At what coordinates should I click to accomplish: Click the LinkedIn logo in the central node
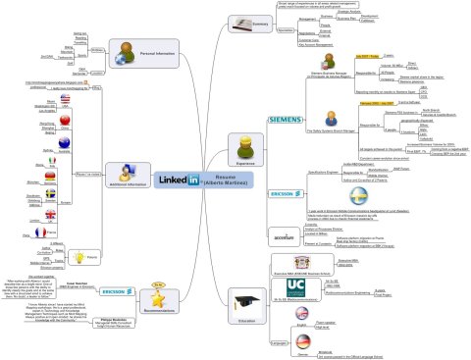pyautogui.click(x=179, y=180)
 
